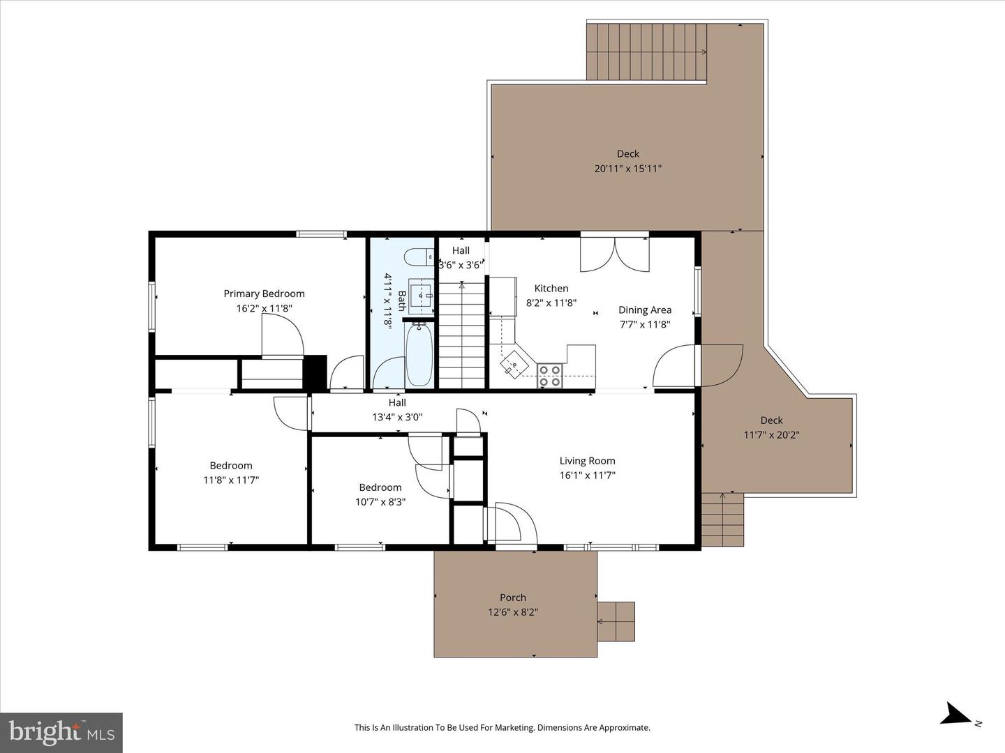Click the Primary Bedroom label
264,294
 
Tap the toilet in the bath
419,257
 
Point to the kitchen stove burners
550,376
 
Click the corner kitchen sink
513,363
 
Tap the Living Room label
587,460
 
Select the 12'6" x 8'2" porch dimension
513,612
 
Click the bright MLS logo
61,732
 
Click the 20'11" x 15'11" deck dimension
627,168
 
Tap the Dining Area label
644,310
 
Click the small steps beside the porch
616,621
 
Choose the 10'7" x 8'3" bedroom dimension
380,501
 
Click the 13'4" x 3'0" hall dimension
397,417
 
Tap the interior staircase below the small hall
461,335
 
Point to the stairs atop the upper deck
646,52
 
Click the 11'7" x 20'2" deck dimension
771,434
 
